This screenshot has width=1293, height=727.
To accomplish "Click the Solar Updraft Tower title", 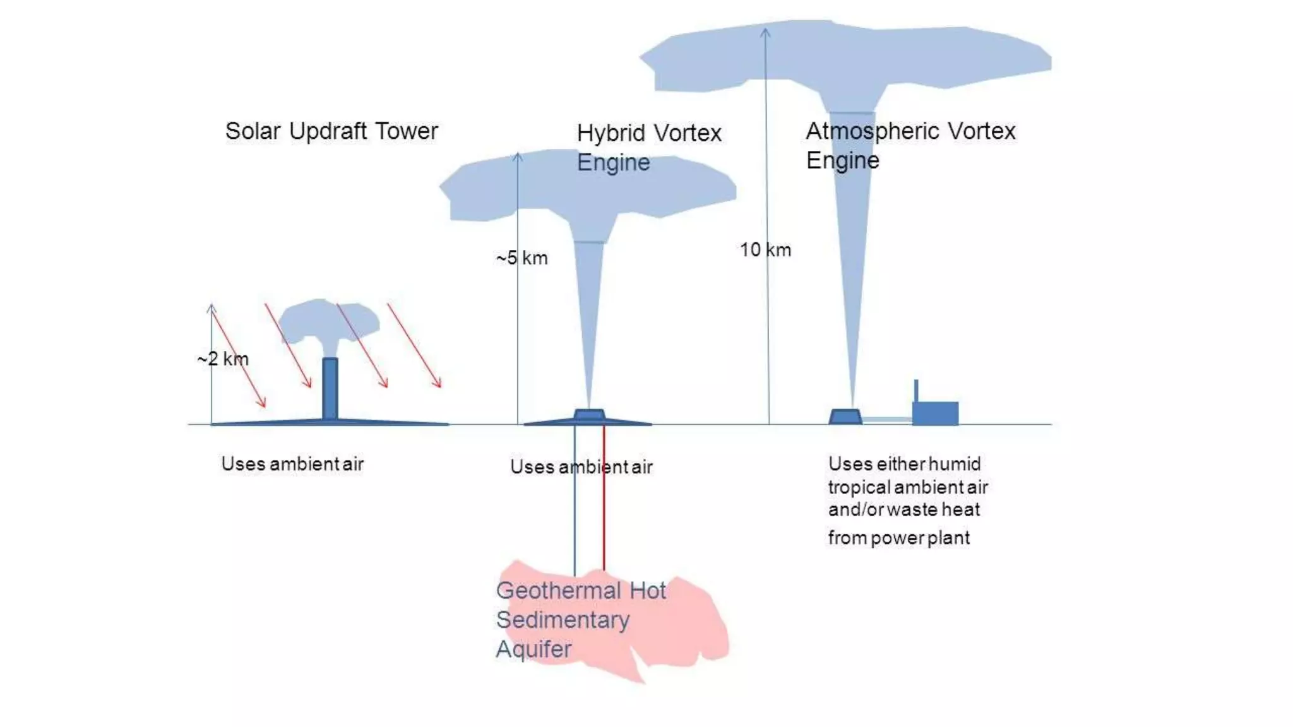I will (331, 131).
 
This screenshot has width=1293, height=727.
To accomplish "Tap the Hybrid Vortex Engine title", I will (648, 147).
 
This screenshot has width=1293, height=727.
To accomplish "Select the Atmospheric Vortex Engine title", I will (910, 145).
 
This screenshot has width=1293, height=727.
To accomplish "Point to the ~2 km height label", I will (223, 359).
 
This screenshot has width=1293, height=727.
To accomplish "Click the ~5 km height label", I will (522, 258).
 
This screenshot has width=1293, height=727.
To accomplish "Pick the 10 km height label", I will (765, 250).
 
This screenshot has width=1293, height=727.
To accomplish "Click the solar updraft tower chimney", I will (330, 388).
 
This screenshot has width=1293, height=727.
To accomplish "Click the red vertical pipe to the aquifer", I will (604, 499).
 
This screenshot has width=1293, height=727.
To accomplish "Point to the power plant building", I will (936, 413).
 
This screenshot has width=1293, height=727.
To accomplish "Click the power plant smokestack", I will (916, 390).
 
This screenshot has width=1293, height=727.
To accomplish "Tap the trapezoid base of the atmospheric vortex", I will (845, 417).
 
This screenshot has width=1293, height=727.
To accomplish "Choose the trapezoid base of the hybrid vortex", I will (589, 415).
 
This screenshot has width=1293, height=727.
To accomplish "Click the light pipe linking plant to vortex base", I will (887, 419).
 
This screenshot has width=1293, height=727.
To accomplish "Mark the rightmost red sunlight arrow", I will (414, 345).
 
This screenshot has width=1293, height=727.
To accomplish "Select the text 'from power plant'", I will (898, 538).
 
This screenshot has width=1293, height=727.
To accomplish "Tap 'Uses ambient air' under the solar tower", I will (292, 464).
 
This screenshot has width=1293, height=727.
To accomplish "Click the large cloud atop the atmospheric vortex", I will (846, 57).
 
